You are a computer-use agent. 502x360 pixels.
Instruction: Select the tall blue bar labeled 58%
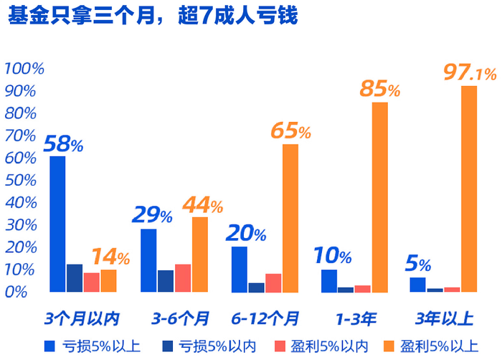pos(57,224)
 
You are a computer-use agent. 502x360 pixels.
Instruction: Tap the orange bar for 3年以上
pos(469,189)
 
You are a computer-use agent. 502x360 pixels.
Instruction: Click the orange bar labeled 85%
pos(379,197)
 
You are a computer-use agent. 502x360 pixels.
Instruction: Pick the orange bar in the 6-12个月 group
pos(290,218)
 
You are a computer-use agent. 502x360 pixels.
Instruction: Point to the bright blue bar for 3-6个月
pos(148,260)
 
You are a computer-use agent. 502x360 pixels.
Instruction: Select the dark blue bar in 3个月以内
pos(75,278)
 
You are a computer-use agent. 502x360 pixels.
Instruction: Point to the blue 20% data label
pos(246,234)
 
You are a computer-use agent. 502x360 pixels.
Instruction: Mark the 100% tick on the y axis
pos(24,69)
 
